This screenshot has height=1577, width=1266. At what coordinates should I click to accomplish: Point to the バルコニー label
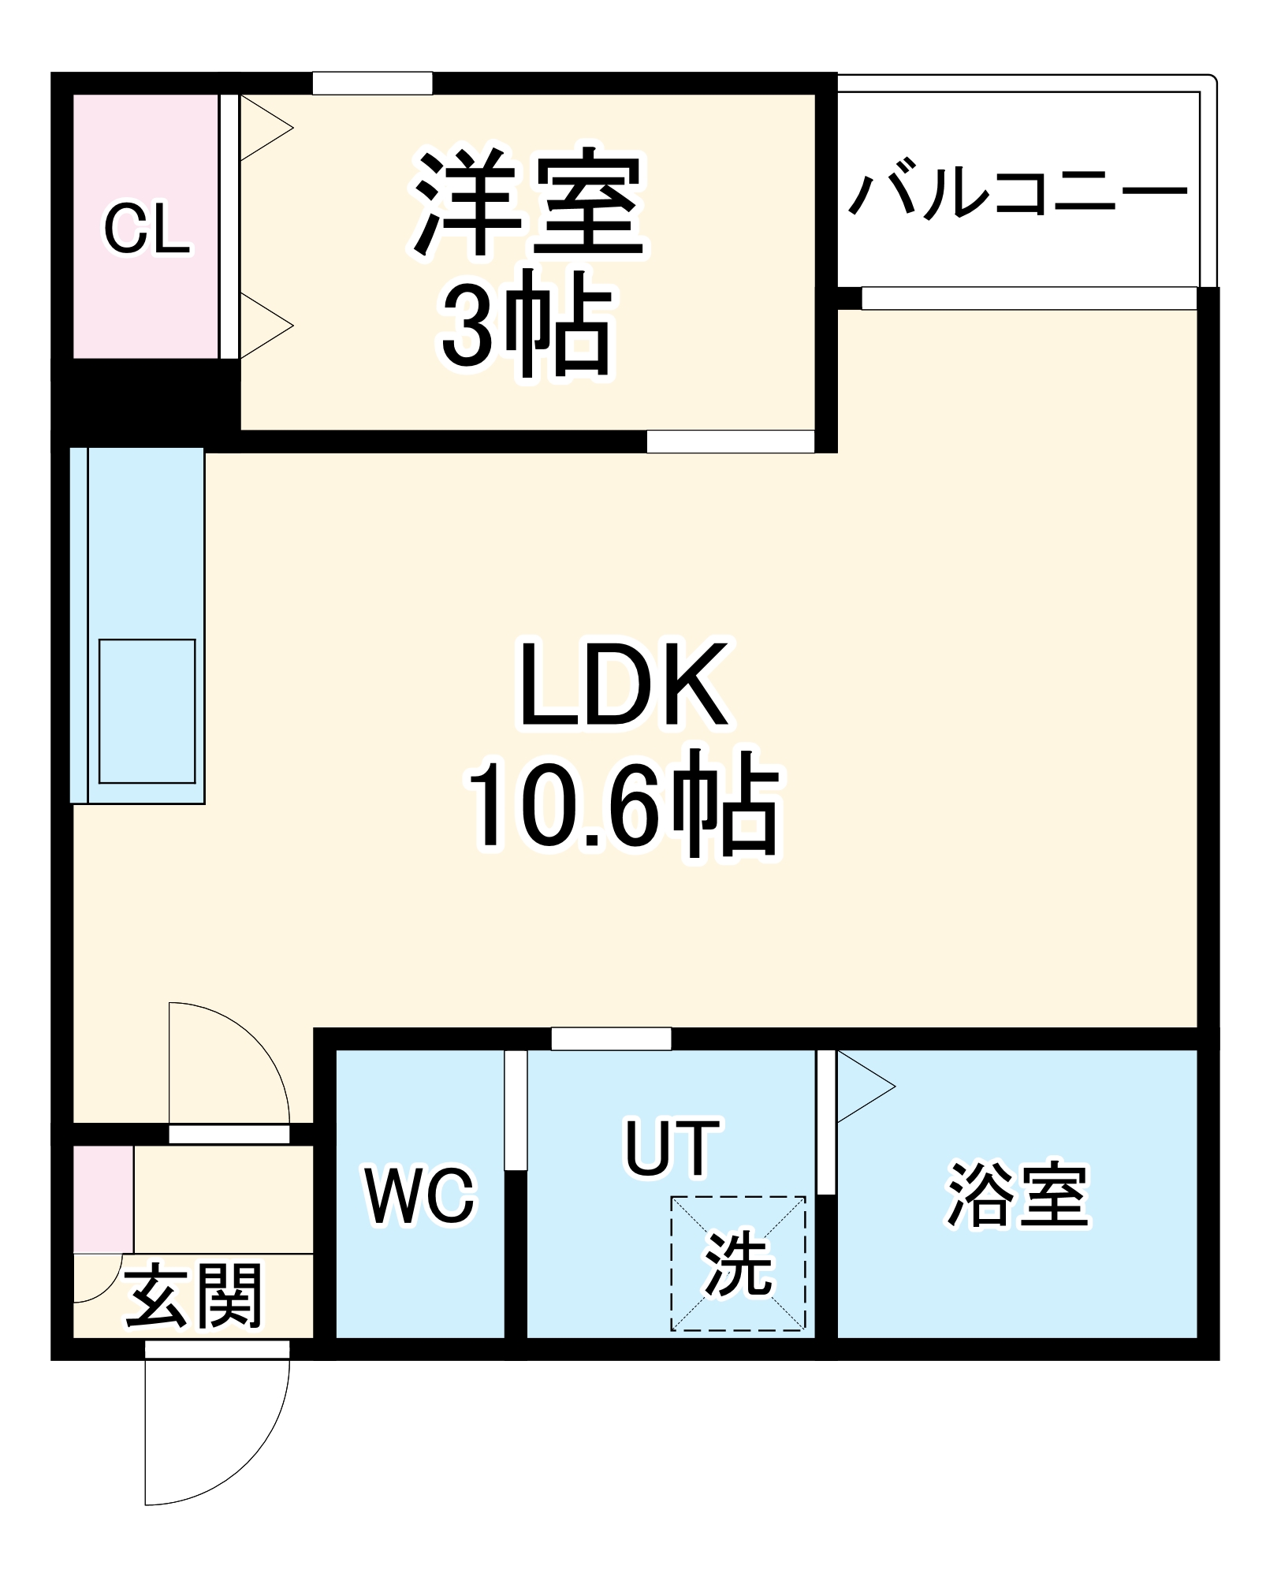(x=1018, y=190)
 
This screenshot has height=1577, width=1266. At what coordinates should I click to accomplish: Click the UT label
(x=672, y=1148)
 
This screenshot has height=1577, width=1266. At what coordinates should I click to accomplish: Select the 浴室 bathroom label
(x=1017, y=1195)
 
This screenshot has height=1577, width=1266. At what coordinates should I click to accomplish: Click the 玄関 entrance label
(x=194, y=1296)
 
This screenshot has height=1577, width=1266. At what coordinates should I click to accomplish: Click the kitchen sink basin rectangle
(x=147, y=710)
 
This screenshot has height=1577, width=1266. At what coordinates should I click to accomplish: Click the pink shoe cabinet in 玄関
(x=103, y=1199)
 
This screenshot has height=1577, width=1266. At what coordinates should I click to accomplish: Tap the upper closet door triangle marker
(x=264, y=128)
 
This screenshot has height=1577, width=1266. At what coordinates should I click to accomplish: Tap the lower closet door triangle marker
(x=264, y=325)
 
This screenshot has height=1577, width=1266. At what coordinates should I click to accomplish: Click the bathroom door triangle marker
(x=863, y=1086)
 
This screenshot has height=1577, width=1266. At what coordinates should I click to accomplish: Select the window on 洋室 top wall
(x=372, y=83)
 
